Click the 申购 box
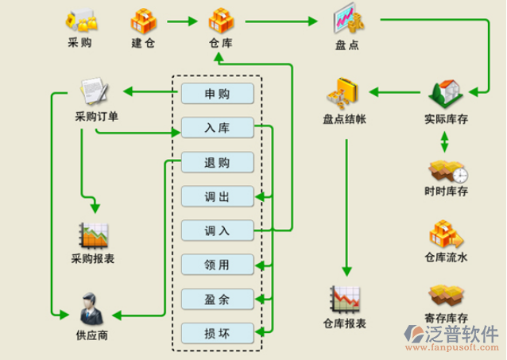217,94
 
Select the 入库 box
217,128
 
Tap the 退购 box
217,162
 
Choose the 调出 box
217,196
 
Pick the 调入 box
217,230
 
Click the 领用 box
217,265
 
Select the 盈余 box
217,299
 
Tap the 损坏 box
217,332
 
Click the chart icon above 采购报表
93,234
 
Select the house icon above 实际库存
444,94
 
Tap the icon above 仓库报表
345,299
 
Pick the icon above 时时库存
447,170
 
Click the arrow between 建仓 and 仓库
181,22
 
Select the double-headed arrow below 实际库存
444,141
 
